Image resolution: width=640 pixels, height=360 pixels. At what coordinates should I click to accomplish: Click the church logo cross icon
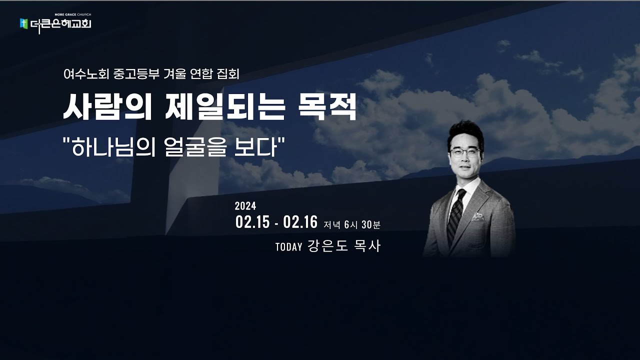[x=23, y=23]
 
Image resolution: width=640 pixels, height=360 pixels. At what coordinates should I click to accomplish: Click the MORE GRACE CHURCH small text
[x=72, y=16]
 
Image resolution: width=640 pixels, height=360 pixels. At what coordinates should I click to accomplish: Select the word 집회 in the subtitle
[x=228, y=75]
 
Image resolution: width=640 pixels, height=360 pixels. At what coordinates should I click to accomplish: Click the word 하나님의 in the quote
[x=110, y=148]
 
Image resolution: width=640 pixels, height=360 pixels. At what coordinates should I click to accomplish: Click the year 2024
[x=245, y=206]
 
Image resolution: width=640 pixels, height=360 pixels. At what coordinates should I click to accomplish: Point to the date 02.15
[x=252, y=222]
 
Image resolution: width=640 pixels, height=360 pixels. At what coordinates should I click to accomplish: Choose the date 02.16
[x=300, y=222]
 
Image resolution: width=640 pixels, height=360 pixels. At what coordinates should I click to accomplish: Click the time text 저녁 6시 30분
[x=352, y=225]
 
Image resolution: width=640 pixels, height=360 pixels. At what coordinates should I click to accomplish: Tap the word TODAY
[x=288, y=247]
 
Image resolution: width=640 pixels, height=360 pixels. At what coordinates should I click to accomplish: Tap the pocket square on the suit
[x=478, y=217]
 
